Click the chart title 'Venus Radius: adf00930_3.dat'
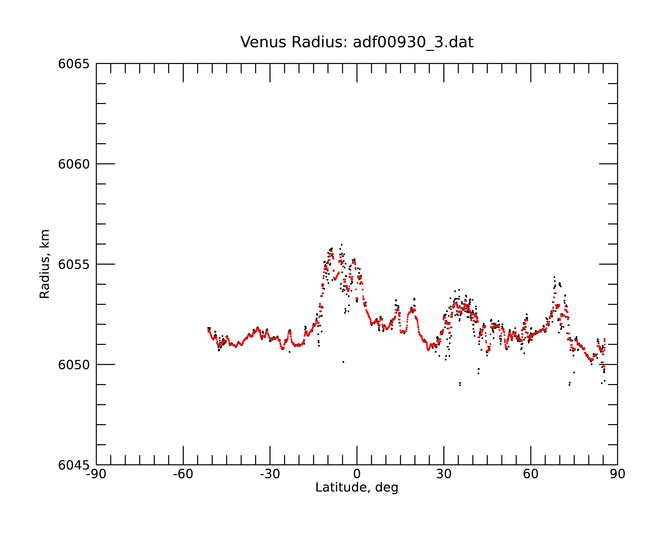click(x=357, y=42)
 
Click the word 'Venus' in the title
click(x=263, y=42)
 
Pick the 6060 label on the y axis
click(x=74, y=164)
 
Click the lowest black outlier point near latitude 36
click(x=460, y=385)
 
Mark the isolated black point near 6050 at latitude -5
click(x=343, y=362)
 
